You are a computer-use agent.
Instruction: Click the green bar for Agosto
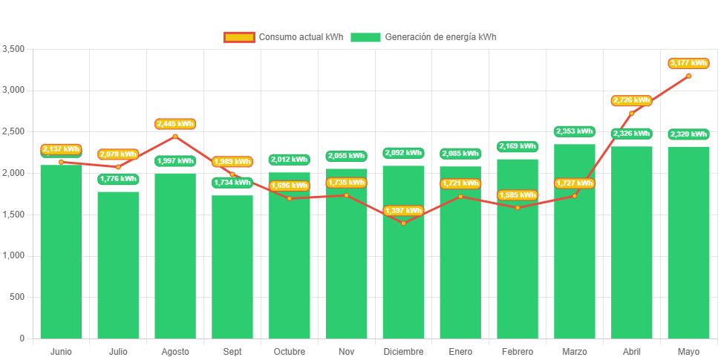click(175, 256)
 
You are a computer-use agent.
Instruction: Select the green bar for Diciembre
click(403, 252)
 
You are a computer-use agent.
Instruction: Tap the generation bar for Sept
click(232, 267)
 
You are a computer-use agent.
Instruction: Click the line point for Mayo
click(688, 76)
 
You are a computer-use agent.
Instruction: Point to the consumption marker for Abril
click(632, 113)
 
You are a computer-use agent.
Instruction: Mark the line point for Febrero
click(518, 207)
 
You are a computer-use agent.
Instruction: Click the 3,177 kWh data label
click(688, 63)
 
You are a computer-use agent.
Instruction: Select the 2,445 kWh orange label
click(175, 124)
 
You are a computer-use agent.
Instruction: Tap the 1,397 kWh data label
click(403, 211)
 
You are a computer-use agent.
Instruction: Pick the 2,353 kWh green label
click(574, 131)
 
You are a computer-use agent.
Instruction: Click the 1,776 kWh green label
click(118, 179)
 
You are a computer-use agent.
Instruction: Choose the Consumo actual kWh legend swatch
click(238, 37)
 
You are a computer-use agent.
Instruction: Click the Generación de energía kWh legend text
click(440, 37)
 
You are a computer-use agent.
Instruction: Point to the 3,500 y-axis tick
click(13, 49)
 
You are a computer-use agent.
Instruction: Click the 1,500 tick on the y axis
click(13, 215)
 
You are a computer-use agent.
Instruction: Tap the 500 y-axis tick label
click(16, 297)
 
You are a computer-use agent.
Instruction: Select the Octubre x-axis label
click(290, 351)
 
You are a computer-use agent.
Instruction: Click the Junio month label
click(61, 351)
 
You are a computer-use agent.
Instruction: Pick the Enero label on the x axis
click(460, 351)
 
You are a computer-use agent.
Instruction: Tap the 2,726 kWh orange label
click(631, 100)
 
